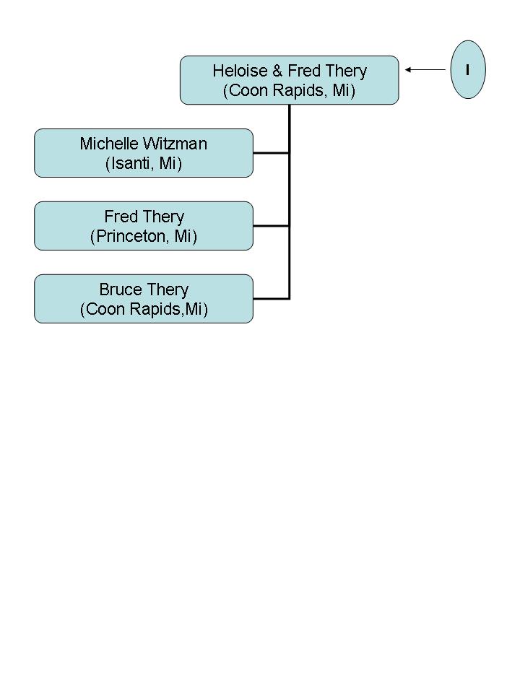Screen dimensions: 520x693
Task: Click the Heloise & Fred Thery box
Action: [x=289, y=80]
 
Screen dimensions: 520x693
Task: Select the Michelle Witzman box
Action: [x=144, y=153]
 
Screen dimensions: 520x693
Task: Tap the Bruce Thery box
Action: [x=144, y=299]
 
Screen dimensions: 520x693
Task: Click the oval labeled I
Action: [x=468, y=69]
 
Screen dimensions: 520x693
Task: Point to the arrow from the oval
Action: [x=425, y=69]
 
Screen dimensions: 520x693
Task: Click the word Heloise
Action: [x=240, y=71]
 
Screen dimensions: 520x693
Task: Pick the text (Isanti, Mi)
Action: [x=144, y=163]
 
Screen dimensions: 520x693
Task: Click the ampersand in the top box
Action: [x=277, y=71]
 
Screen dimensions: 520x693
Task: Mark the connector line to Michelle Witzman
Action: [x=271, y=153]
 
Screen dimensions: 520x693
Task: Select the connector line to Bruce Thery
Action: [x=271, y=299]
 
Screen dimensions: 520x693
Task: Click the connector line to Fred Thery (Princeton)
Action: [x=271, y=226]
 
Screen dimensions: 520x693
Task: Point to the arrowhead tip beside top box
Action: [x=405, y=69]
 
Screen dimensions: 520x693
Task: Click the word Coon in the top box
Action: [x=248, y=91]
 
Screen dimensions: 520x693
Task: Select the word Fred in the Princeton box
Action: [x=121, y=217]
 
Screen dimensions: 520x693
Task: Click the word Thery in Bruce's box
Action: [x=167, y=290]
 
